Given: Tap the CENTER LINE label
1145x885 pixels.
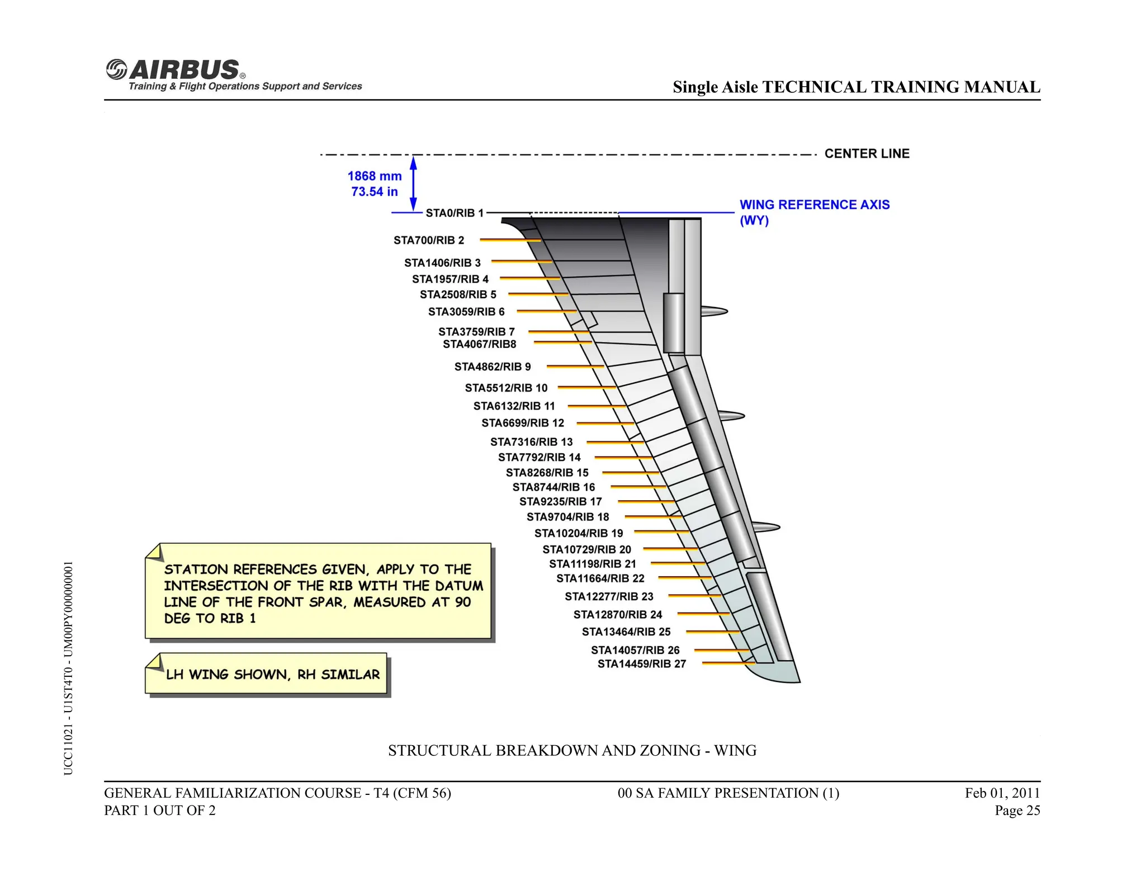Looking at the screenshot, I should point(867,153).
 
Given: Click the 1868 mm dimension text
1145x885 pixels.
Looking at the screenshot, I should point(375,176).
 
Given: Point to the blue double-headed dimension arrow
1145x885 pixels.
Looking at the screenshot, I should point(413,183).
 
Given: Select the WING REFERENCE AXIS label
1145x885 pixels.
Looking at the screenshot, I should point(814,205).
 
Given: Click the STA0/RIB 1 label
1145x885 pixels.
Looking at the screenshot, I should point(454,213).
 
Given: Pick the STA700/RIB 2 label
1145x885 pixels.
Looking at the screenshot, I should point(429,241).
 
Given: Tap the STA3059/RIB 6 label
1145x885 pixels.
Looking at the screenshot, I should point(466,312).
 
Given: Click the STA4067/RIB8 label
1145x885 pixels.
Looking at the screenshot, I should point(480,344).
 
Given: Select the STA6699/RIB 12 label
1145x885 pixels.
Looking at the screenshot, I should point(523,423).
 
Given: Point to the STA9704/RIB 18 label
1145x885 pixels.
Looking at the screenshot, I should point(567,517).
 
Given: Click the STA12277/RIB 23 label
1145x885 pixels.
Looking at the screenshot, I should point(609,596).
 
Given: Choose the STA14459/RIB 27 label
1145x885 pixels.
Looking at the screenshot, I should point(641,664).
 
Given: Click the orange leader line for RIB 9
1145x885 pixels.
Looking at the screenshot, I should point(575,366).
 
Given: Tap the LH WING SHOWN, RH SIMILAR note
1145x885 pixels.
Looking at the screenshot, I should point(272,675).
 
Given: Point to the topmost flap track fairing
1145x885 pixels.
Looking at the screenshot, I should point(713,311).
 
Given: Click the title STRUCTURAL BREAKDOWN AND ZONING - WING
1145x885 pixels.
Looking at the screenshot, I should point(572,750).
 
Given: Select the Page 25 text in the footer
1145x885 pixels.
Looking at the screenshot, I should point(1017,811).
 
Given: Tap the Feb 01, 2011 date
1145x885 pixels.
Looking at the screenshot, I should point(1002,793).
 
